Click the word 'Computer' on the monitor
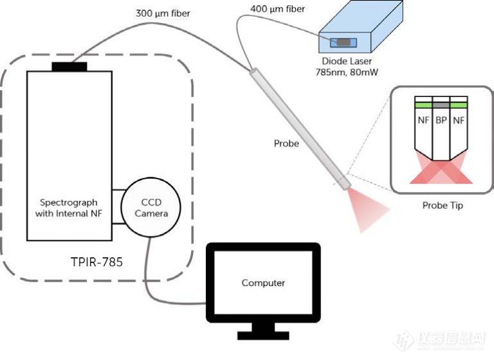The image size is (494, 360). click(x=263, y=282)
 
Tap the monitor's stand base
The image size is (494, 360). click(x=263, y=336)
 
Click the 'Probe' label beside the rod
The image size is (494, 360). click(x=286, y=143)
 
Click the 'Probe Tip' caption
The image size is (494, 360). click(x=441, y=206)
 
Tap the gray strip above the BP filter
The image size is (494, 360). click(x=441, y=104)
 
